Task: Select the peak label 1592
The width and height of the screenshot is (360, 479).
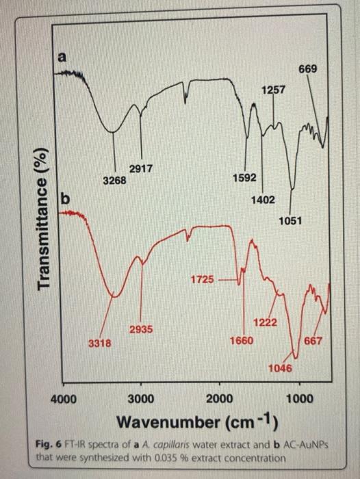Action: click(244, 178)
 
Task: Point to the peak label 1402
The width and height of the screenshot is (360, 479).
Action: click(263, 199)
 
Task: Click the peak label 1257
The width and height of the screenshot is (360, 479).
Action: click(273, 90)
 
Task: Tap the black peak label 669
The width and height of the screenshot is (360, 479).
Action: click(307, 69)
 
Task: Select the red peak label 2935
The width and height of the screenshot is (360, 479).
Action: click(141, 330)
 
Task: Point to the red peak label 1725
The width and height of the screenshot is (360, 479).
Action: click(202, 279)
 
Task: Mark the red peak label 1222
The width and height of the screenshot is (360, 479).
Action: click(265, 322)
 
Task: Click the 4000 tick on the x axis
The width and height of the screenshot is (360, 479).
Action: click(64, 400)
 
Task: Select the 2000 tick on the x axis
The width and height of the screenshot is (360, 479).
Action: click(220, 400)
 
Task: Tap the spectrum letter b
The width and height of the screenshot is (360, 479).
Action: click(66, 199)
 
